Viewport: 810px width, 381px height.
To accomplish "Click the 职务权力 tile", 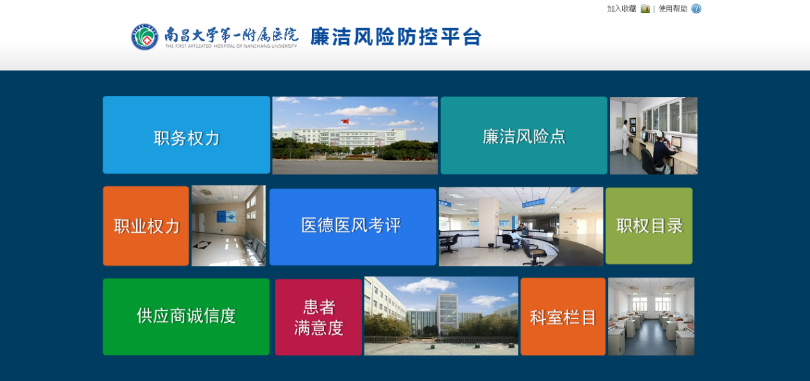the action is [186, 135].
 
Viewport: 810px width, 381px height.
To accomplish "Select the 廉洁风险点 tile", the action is [524, 135].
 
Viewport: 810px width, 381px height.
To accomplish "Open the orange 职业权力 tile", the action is [146, 226].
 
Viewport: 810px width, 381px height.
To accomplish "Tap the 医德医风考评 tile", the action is [352, 227].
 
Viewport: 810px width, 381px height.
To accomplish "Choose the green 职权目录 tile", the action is [649, 226].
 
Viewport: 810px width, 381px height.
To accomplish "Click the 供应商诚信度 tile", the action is [186, 316].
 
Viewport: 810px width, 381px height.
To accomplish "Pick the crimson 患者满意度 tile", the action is [318, 317].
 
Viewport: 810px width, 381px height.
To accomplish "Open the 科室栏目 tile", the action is [563, 316].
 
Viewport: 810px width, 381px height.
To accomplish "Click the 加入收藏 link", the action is [621, 9].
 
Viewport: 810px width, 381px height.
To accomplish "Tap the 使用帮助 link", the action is [673, 9].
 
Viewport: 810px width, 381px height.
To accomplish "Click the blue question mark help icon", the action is [696, 9].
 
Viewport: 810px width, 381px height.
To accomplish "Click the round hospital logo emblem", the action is [144, 37].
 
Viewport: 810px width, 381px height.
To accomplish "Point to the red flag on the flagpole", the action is [345, 121].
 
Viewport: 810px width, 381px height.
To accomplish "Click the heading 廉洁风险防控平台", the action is [396, 37].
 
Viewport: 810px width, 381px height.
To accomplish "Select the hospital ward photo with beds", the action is [651, 316].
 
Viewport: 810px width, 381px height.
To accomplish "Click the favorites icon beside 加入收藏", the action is [646, 9].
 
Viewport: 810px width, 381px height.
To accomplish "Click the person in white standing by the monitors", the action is [625, 137].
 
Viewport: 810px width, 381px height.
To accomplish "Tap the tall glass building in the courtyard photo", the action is [448, 312].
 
